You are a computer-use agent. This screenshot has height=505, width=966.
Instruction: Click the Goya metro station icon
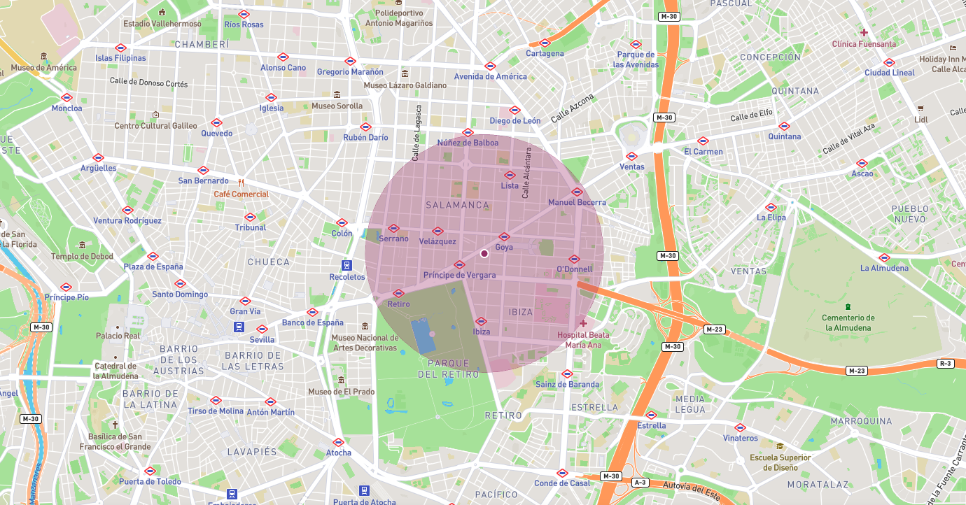tap(504, 237)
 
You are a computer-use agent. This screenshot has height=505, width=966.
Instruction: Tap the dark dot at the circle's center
tap(484, 253)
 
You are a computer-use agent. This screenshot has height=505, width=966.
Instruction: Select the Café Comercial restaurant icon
tap(240, 183)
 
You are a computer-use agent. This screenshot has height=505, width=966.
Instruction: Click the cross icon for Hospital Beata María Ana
tap(583, 323)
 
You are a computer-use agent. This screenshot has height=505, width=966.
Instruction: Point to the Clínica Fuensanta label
tap(864, 44)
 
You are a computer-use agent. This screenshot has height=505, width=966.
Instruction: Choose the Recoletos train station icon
tap(346, 265)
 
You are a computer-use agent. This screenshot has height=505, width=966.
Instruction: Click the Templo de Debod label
tap(82, 256)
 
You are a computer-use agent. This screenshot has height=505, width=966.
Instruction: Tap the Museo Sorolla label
tap(337, 106)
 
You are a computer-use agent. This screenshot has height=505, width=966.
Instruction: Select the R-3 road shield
tap(945, 363)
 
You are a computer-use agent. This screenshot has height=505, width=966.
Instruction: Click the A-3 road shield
tap(640, 483)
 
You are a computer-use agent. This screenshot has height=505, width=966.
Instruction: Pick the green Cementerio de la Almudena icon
tap(848, 306)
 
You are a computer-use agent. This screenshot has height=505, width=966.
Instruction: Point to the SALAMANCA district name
tap(457, 205)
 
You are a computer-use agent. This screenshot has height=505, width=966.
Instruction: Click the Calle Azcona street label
tap(572, 108)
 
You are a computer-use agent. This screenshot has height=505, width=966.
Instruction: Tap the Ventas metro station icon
tap(631, 157)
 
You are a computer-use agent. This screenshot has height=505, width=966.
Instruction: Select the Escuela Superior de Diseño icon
tap(780, 446)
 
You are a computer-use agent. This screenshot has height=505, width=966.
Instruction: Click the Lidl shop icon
tap(920, 108)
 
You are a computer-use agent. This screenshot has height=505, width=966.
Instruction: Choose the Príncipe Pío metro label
tap(66, 297)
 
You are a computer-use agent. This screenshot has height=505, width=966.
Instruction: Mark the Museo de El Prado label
tap(341, 392)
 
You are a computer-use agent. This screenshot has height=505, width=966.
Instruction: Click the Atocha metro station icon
tap(338, 442)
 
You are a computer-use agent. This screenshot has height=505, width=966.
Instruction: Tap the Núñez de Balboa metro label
tap(468, 143)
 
